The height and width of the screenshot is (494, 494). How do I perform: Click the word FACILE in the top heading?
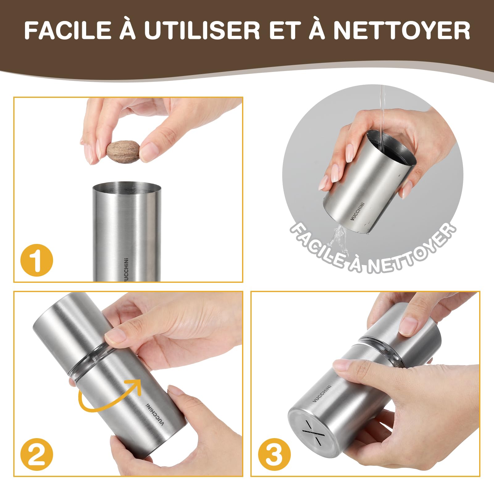[68, 30]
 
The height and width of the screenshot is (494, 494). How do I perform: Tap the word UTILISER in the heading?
[202, 30]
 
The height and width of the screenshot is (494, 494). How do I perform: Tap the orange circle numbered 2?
[37, 454]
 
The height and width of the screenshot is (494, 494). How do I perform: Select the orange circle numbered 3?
[274, 454]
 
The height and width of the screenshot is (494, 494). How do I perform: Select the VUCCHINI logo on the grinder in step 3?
[322, 393]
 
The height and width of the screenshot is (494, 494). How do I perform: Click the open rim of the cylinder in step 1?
[127, 187]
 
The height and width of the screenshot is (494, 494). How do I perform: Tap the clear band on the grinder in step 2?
[93, 364]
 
